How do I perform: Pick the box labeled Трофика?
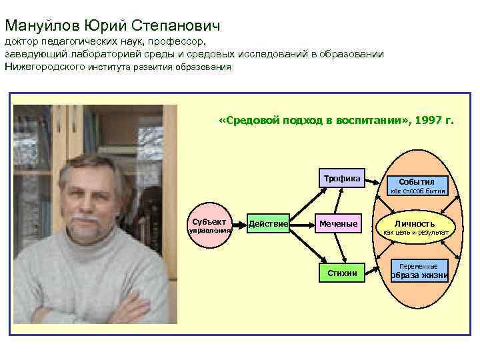pos(341,179)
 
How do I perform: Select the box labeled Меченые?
pos(338,224)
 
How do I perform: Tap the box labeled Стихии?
pos(341,273)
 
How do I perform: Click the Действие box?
pos(268,224)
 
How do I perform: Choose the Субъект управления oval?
pos(208,225)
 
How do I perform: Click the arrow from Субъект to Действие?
pos(239,225)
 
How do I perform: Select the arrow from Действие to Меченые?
pos(303,225)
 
